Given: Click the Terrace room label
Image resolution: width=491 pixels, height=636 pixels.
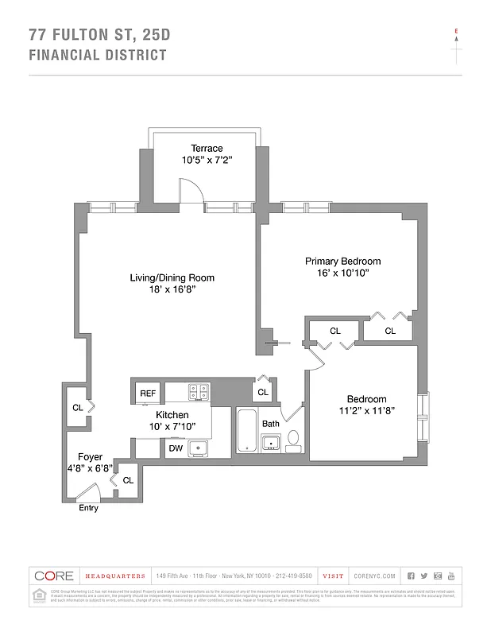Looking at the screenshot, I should tap(206, 148).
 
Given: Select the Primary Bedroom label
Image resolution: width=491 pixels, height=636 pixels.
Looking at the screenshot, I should tap(342, 261).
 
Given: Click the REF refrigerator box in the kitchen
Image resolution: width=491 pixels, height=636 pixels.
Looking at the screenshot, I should tap(148, 393).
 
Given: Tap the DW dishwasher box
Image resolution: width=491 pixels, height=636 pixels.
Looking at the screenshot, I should tap(176, 448).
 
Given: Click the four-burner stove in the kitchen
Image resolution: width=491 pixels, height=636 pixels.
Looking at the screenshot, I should tap(199, 391).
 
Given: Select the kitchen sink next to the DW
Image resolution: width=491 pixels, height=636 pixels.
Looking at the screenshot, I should tap(199, 448).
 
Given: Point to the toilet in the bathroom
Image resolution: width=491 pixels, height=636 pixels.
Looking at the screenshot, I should tap(292, 438).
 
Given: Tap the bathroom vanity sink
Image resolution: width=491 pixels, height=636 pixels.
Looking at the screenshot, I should tap(272, 443).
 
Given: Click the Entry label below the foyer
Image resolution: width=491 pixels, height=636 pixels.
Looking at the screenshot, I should tap(88, 509).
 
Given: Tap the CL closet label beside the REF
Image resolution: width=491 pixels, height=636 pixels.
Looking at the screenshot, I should tap(263, 392).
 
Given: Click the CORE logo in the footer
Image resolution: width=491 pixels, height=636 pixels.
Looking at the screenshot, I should tap(54, 576).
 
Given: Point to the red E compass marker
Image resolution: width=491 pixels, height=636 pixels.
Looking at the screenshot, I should tap(456, 32).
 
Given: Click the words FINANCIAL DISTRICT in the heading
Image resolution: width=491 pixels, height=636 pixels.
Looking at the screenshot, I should tap(98, 55).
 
